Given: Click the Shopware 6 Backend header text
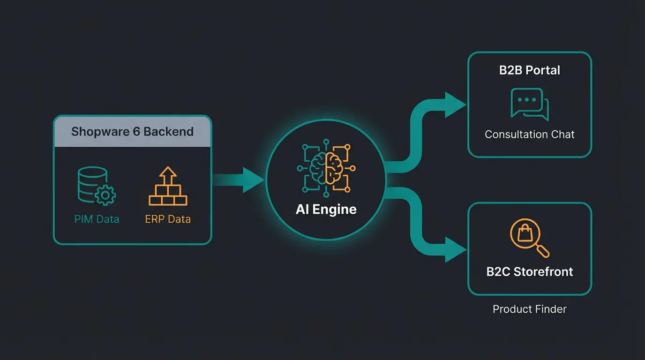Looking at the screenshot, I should [132, 131].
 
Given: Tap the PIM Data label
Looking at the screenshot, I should [97, 219].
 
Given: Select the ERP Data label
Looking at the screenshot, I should [168, 219].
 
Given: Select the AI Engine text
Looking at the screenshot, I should [326, 209].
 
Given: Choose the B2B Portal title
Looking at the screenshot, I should [530, 70].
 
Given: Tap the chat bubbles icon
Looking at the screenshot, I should [529, 104].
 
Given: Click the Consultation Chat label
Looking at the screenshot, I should [530, 135].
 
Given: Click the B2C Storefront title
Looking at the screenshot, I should [530, 272].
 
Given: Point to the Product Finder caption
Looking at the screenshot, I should [530, 309].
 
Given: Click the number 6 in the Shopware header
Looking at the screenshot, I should [136, 131].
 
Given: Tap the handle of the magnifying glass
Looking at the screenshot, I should [543, 252].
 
